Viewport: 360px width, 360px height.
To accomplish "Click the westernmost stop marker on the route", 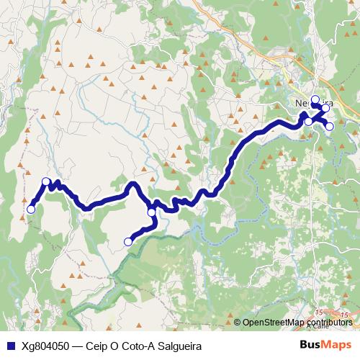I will click(31, 210).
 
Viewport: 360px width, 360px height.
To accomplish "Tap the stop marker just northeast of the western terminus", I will click(46, 181).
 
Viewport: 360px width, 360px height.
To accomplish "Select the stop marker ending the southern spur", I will click(128, 242).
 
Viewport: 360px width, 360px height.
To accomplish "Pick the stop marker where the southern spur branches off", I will click(152, 212).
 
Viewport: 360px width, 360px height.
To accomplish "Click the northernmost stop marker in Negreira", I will click(315, 99).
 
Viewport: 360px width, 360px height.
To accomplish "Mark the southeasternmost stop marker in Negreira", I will click(330, 126).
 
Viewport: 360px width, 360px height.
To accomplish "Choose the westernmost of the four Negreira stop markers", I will click(308, 121).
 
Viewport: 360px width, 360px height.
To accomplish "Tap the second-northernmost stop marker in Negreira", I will click(325, 108).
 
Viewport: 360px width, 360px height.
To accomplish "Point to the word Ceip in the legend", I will click(97, 346).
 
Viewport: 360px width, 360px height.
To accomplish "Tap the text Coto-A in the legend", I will click(135, 346).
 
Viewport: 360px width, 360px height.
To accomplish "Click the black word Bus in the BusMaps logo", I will click(310, 345).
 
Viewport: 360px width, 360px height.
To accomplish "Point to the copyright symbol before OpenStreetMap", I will click(237, 323).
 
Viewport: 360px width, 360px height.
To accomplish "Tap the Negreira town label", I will click(307, 103).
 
